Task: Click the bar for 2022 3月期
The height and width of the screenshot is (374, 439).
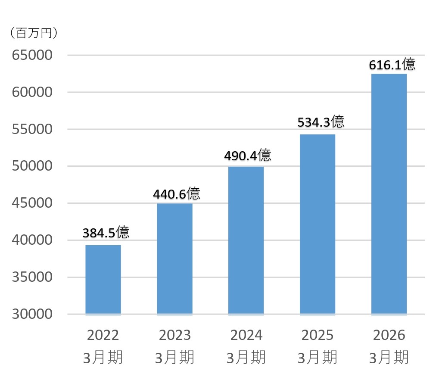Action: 103,280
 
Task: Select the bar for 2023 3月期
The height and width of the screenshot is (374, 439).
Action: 175,259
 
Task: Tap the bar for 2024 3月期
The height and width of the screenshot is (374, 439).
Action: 246,241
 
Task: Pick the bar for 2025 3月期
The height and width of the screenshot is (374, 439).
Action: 318,225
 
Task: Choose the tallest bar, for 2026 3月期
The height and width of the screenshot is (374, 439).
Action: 389,194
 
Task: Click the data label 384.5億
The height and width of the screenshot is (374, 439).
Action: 106,232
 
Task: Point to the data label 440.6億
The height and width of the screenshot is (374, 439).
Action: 177,193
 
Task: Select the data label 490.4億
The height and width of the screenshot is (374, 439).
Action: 248,155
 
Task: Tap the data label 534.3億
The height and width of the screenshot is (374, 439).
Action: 321,122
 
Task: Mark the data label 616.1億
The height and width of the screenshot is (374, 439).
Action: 392,64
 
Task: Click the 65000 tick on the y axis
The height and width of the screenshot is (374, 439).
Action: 32,55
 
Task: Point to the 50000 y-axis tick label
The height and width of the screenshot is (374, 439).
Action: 32,166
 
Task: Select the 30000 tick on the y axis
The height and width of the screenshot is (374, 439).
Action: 32,314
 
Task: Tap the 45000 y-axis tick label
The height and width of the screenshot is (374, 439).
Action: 32,203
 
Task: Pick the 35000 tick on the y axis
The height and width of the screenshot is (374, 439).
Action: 32,277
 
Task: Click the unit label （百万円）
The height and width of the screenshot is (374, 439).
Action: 34,33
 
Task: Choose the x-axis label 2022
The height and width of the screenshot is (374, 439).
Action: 103,335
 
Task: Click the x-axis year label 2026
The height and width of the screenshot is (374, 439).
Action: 389,335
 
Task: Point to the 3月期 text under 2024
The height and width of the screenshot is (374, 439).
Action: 246,358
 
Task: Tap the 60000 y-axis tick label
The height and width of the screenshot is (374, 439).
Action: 32,92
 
